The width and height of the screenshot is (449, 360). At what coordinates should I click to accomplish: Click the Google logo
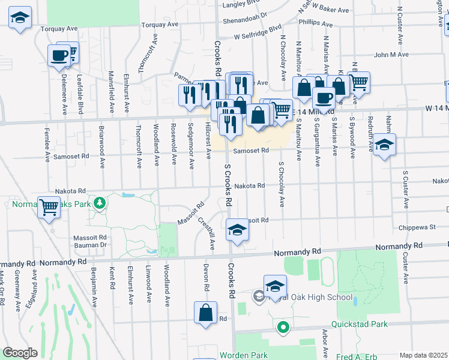point(20,353)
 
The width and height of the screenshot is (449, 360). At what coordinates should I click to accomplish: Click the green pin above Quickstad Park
point(282,328)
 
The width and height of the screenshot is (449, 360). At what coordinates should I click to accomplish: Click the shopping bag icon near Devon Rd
point(205,313)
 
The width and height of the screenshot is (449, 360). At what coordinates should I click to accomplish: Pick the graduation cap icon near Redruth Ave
point(384,145)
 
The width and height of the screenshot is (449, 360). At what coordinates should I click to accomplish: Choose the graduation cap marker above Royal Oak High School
point(275,286)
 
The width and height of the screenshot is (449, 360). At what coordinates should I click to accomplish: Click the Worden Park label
point(243,355)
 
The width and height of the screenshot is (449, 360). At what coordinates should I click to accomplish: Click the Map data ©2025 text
point(423,355)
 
